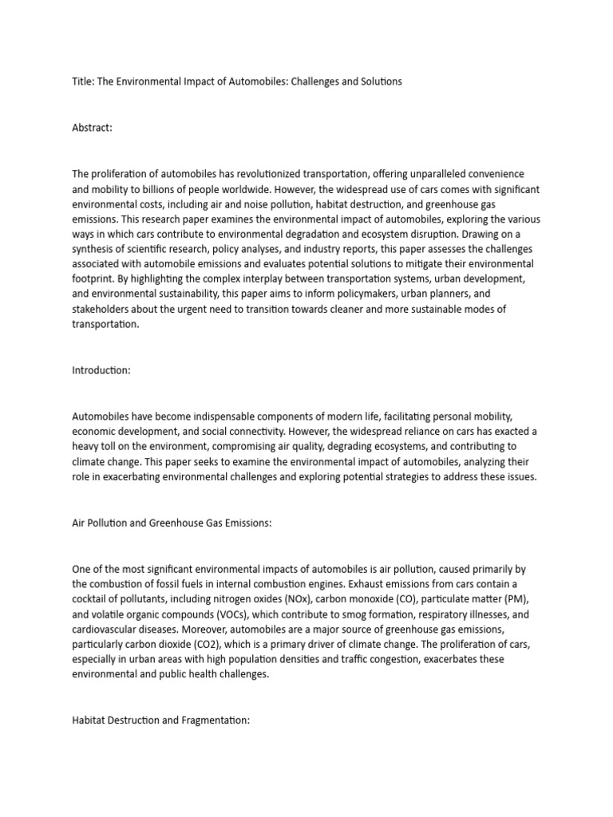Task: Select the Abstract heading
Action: click(x=93, y=128)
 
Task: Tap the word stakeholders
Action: click(x=101, y=310)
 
